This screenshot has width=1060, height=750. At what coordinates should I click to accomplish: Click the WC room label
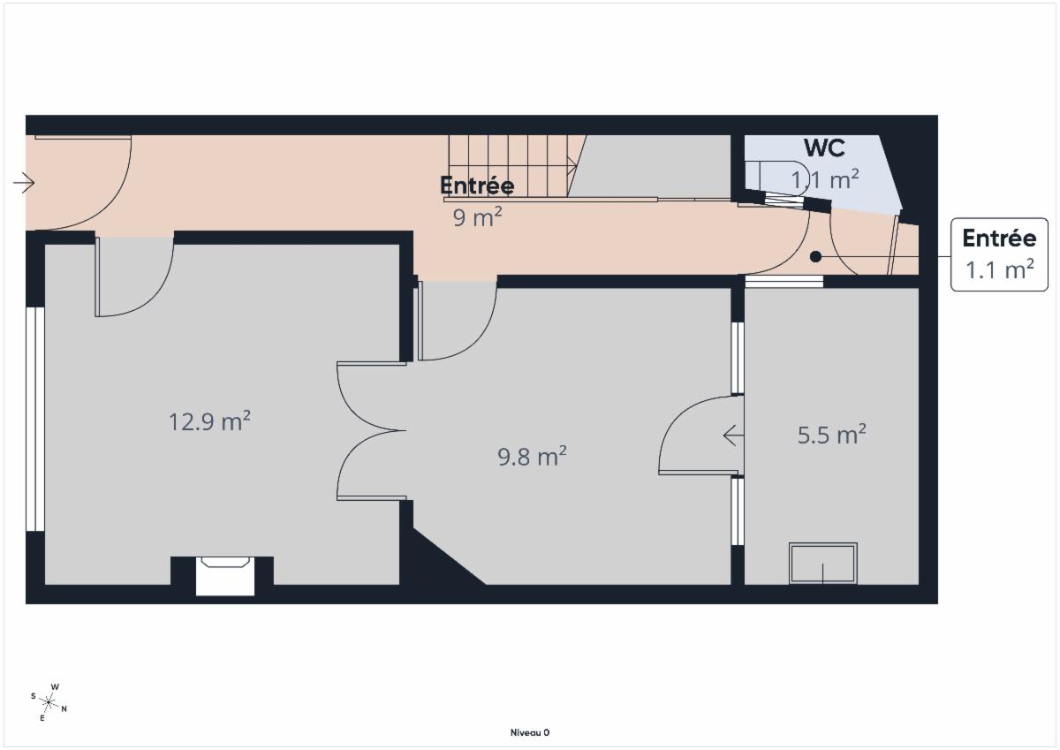pyautogui.click(x=824, y=148)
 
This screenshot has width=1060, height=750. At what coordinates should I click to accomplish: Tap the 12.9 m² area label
pyautogui.click(x=209, y=420)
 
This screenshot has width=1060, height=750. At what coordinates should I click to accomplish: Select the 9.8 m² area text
pyautogui.click(x=532, y=456)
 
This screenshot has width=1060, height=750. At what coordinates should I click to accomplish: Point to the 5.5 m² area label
pyautogui.click(x=832, y=435)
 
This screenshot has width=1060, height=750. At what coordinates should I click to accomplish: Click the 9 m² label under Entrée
pyautogui.click(x=478, y=217)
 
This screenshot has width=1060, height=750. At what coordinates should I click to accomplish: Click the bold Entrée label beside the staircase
pyautogui.click(x=477, y=185)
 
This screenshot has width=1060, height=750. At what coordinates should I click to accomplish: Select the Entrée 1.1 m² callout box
pyautogui.click(x=999, y=254)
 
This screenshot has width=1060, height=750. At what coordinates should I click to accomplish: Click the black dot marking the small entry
pyautogui.click(x=815, y=256)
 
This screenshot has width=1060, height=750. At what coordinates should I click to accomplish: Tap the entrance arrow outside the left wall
pyautogui.click(x=24, y=183)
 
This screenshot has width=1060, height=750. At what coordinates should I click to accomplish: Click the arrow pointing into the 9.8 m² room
pyautogui.click(x=733, y=436)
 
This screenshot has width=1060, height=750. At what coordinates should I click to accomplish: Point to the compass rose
pyautogui.click(x=49, y=702)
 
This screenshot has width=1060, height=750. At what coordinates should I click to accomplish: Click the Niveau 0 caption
pyautogui.click(x=530, y=732)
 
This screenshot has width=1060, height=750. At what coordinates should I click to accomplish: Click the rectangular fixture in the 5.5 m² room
pyautogui.click(x=823, y=563)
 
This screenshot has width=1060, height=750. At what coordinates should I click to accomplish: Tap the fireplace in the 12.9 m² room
pyautogui.click(x=225, y=576)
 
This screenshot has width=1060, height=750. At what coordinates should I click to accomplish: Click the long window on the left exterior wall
pyautogui.click(x=35, y=420)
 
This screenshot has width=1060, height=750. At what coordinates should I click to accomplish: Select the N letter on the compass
pyautogui.click(x=64, y=708)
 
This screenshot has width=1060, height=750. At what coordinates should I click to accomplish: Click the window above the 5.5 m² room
pyautogui.click(x=784, y=282)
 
